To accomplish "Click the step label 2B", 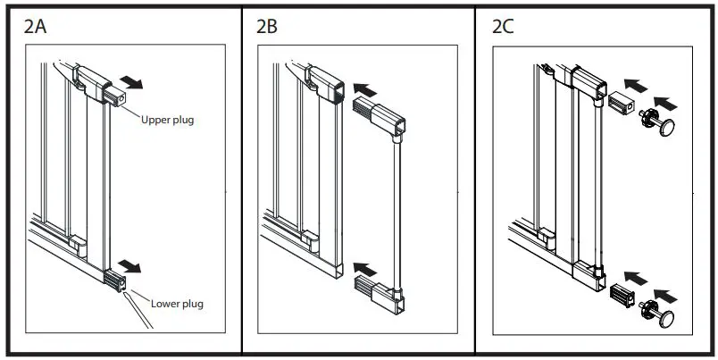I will (x=267, y=26).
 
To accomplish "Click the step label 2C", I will (x=503, y=26).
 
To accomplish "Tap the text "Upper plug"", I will (x=167, y=120).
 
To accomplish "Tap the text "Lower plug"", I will (x=177, y=304).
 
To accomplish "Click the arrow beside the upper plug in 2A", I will (x=131, y=83).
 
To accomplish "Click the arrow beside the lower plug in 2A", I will (x=131, y=266).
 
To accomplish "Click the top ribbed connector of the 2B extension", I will (x=366, y=111).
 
